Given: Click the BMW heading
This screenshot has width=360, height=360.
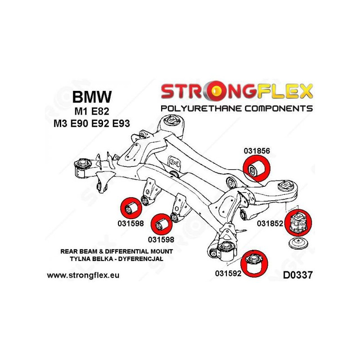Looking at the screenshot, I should pyautogui.click(x=93, y=97).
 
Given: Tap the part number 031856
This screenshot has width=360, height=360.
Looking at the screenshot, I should pyautogui.click(x=257, y=152).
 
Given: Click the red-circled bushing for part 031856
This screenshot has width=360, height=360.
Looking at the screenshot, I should pyautogui.click(x=257, y=168).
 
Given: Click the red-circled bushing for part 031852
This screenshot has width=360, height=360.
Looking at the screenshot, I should pyautogui.click(x=299, y=222).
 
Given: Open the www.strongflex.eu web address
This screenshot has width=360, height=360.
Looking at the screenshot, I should pyautogui.click(x=83, y=275).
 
